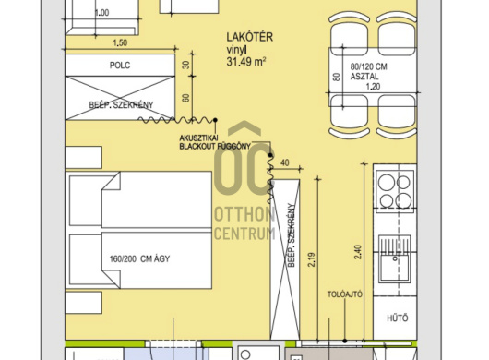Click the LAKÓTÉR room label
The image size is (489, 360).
tap(249, 37)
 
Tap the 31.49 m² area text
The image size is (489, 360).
tap(246, 62)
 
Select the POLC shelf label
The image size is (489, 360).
tap(120, 66)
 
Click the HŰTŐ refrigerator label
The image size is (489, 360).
tap(398, 318)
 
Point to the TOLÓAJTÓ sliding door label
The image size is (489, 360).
tap(345, 294)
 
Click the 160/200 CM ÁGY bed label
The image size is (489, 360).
tap(139, 259)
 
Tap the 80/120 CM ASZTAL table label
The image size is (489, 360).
tap(368, 71)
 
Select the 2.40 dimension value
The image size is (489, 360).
tap(358, 252)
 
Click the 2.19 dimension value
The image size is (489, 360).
tap(312, 259)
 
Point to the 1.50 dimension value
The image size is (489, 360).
tap(120, 42)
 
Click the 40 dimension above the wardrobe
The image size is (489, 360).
tap(285, 162)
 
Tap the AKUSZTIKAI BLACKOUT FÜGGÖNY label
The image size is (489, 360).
tap(215, 142)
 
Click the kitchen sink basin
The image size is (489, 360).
tap(395, 269)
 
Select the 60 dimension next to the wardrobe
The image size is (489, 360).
tap(185, 98)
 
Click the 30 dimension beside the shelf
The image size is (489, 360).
tap(185, 65)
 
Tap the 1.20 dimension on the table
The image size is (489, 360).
tap(373, 87)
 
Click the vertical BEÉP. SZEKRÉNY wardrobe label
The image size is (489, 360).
tap(292, 235)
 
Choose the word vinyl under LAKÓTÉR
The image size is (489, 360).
tap(237, 50)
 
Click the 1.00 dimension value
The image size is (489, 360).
tap(102, 13)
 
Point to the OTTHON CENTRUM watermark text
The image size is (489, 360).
tap(244, 223)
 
